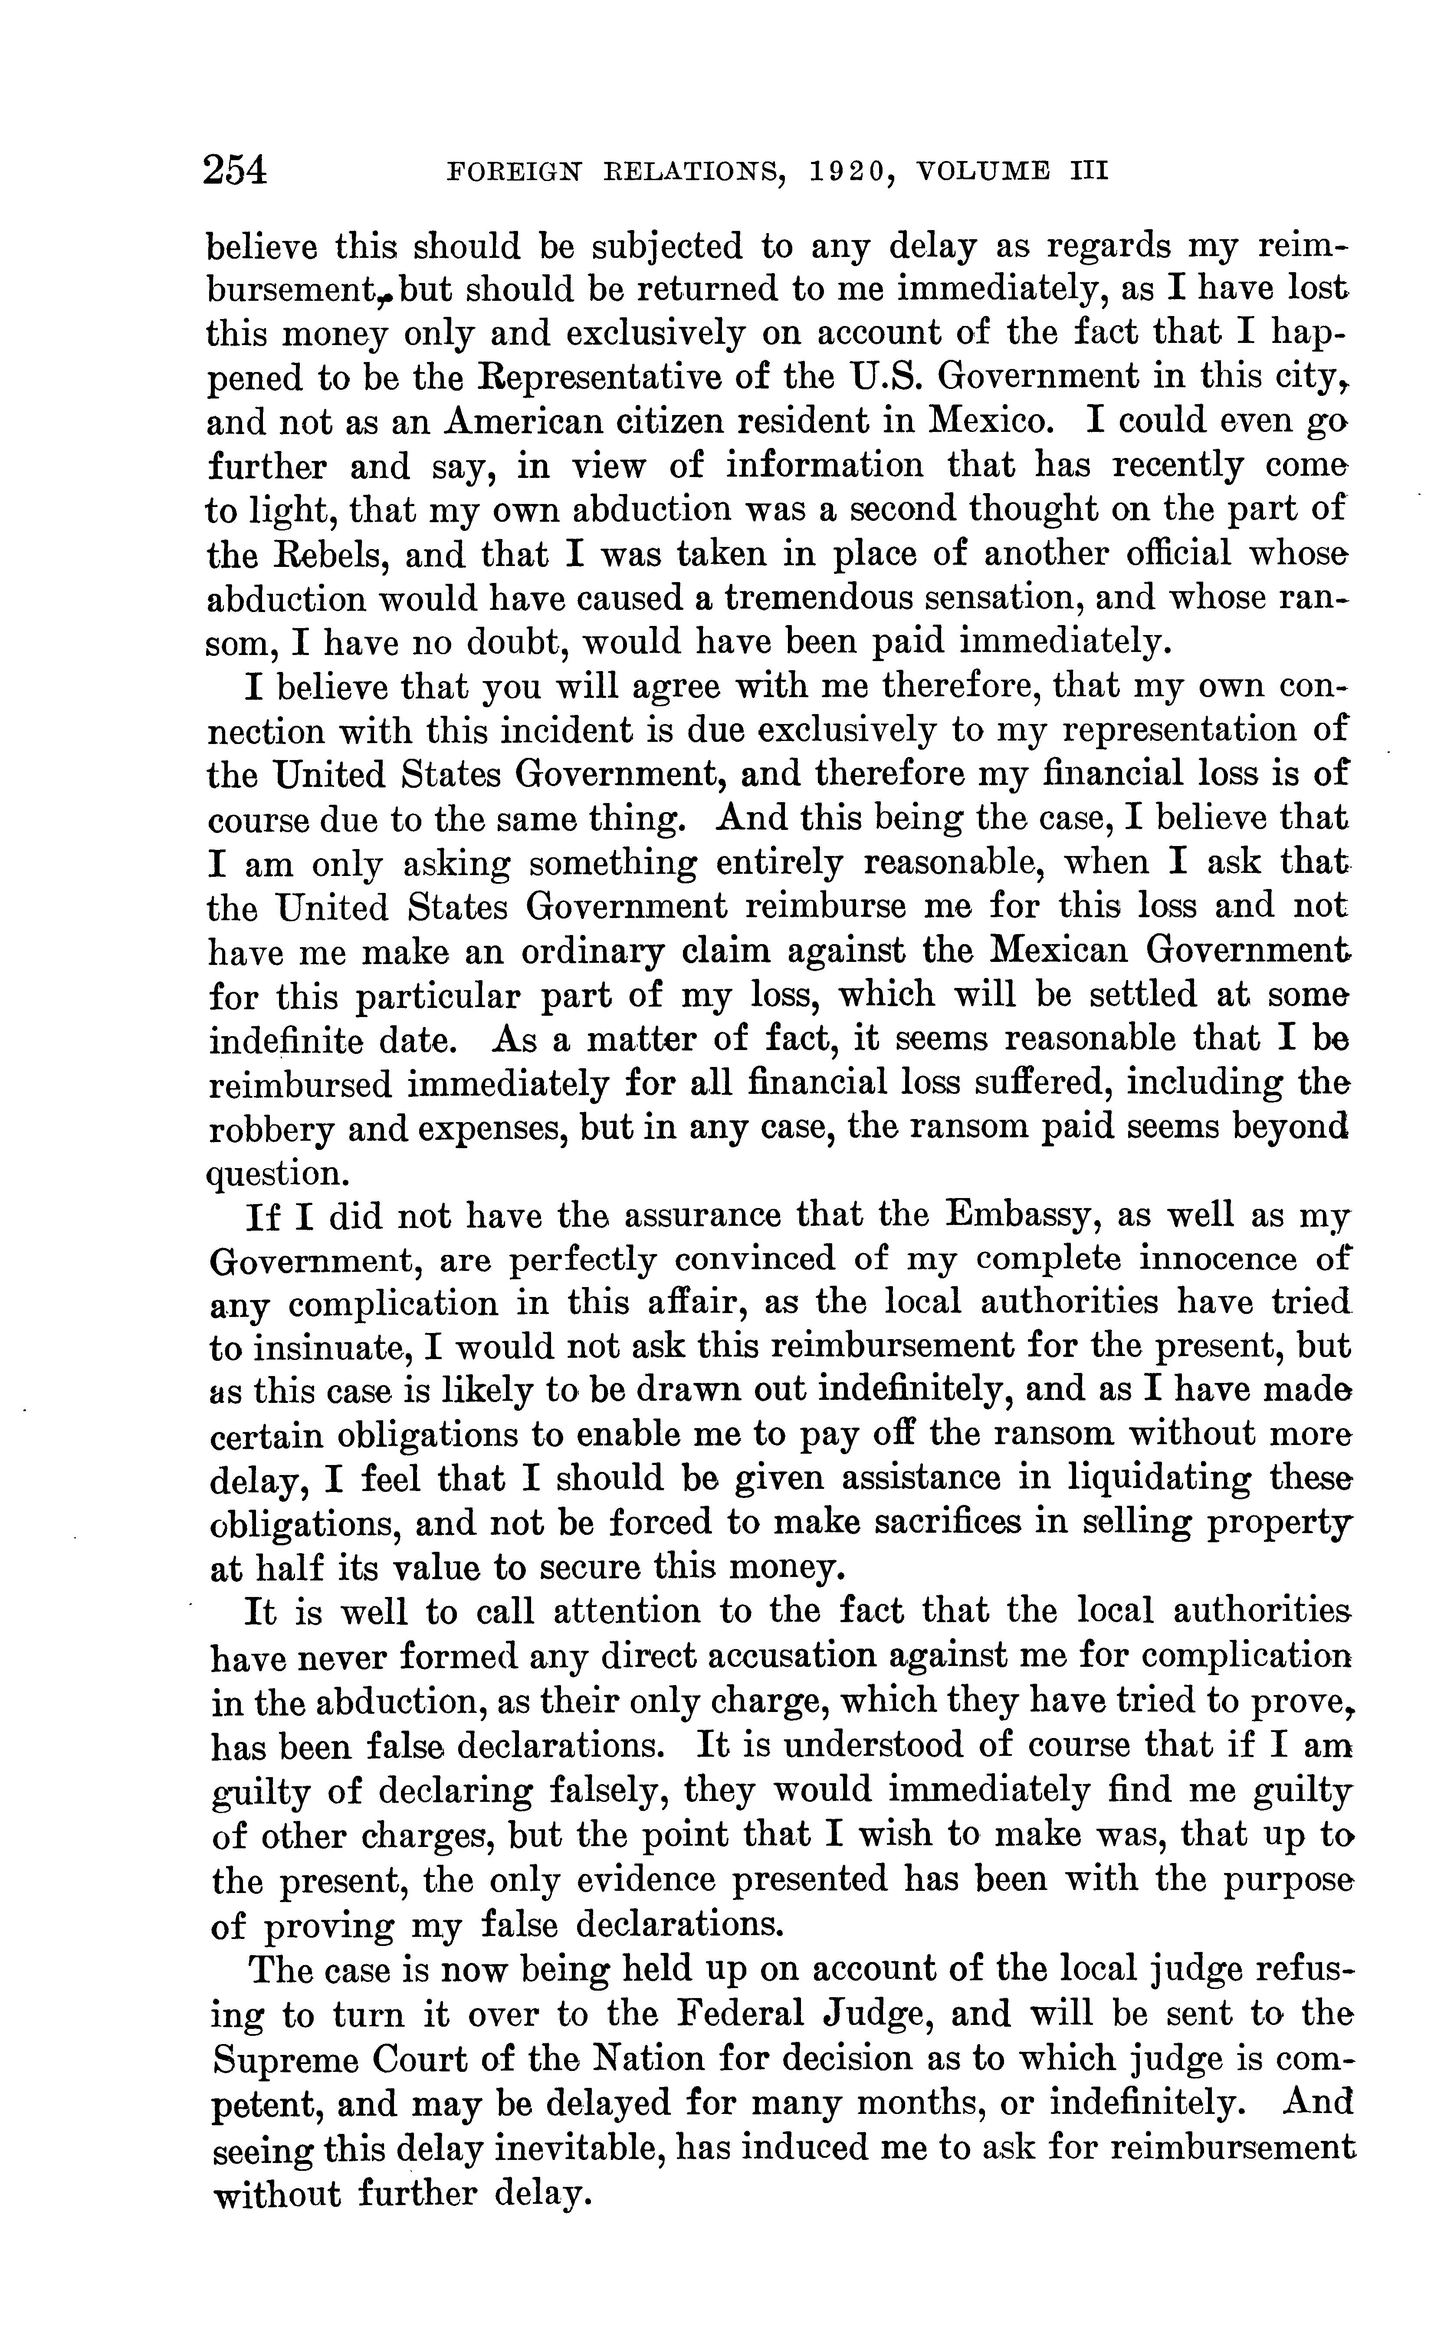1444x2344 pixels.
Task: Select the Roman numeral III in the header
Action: [x=1088, y=172]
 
